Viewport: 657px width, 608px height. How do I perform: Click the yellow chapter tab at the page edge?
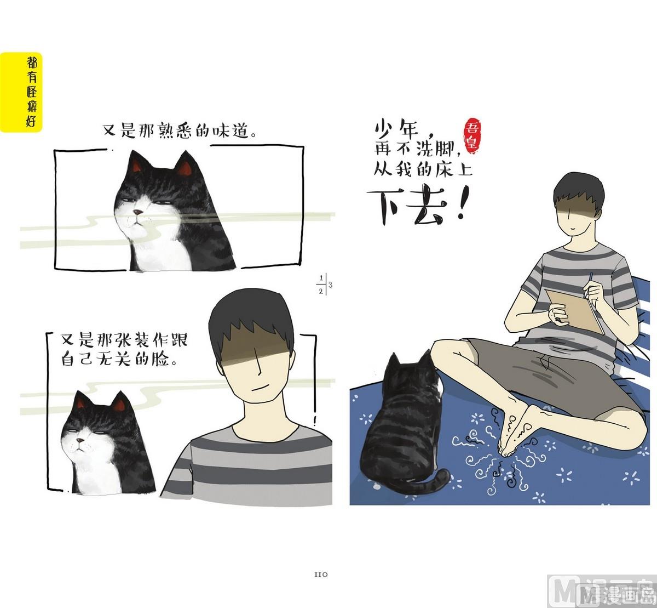pos(21,92)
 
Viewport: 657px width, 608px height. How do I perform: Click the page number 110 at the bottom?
pos(320,575)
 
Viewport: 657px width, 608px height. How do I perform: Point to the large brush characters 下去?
pos(412,207)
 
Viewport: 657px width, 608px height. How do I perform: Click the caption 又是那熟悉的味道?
pos(180,131)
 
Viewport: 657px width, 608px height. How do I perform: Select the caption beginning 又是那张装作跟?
pos(124,350)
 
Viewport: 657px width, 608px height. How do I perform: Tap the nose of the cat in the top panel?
pos(137,212)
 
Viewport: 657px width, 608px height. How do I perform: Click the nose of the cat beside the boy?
pos(80,441)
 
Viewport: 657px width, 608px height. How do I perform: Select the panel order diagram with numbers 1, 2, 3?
pos(324,285)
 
